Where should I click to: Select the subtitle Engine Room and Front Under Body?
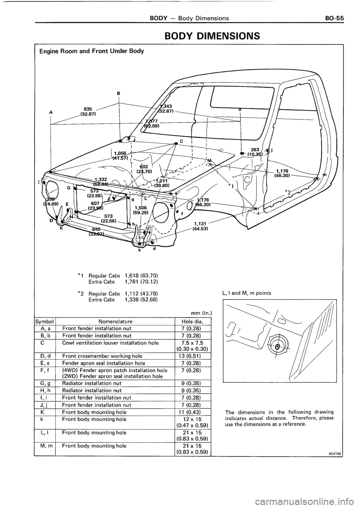[91, 51]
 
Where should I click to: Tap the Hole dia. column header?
[192, 321]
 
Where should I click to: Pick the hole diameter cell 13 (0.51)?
[192, 356]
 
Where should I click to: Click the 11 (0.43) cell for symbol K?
[192, 412]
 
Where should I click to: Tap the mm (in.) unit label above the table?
[201, 312]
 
